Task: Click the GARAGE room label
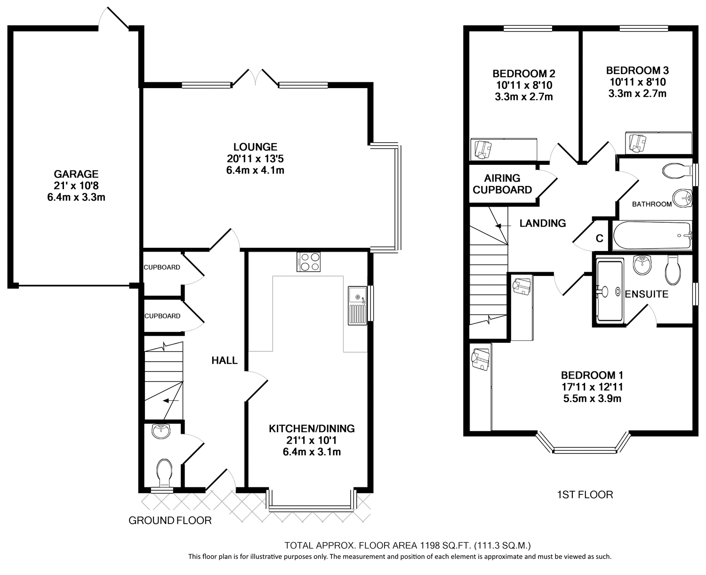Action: (76, 174)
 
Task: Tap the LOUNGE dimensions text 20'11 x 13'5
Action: (255, 159)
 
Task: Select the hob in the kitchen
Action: (309, 262)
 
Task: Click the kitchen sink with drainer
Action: (357, 306)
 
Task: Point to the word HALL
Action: (225, 360)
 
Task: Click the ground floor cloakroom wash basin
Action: (161, 431)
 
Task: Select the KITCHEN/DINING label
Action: (312, 429)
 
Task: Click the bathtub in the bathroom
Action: (652, 235)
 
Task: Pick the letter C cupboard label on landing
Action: (599, 238)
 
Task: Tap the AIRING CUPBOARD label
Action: (502, 184)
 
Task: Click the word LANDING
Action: (543, 224)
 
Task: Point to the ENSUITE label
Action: (647, 294)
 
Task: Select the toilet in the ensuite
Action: (673, 270)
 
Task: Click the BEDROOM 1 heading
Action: (592, 375)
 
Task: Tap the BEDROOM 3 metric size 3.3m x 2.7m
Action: (637, 94)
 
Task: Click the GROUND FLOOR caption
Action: (170, 521)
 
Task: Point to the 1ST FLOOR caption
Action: (585, 495)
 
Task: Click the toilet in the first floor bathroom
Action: (677, 171)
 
